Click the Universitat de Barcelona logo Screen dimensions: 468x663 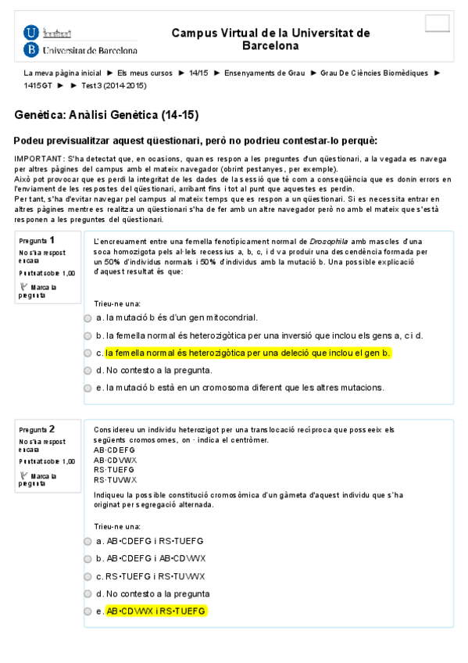pos(80,41)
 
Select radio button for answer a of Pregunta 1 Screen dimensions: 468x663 pos(88,318)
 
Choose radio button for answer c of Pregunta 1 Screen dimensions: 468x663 pos(88,353)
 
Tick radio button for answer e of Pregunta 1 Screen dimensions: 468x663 pos(88,389)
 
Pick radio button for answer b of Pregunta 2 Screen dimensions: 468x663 pos(88,559)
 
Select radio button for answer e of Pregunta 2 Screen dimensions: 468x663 pos(88,611)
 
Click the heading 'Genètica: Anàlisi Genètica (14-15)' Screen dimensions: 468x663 pos(106,115)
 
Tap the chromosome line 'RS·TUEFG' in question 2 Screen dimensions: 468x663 pos(114,470)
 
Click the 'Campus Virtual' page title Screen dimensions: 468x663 pos(270,39)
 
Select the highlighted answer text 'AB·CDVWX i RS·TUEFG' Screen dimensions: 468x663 pos(156,611)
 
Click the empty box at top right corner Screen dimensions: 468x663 pos(438,23)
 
